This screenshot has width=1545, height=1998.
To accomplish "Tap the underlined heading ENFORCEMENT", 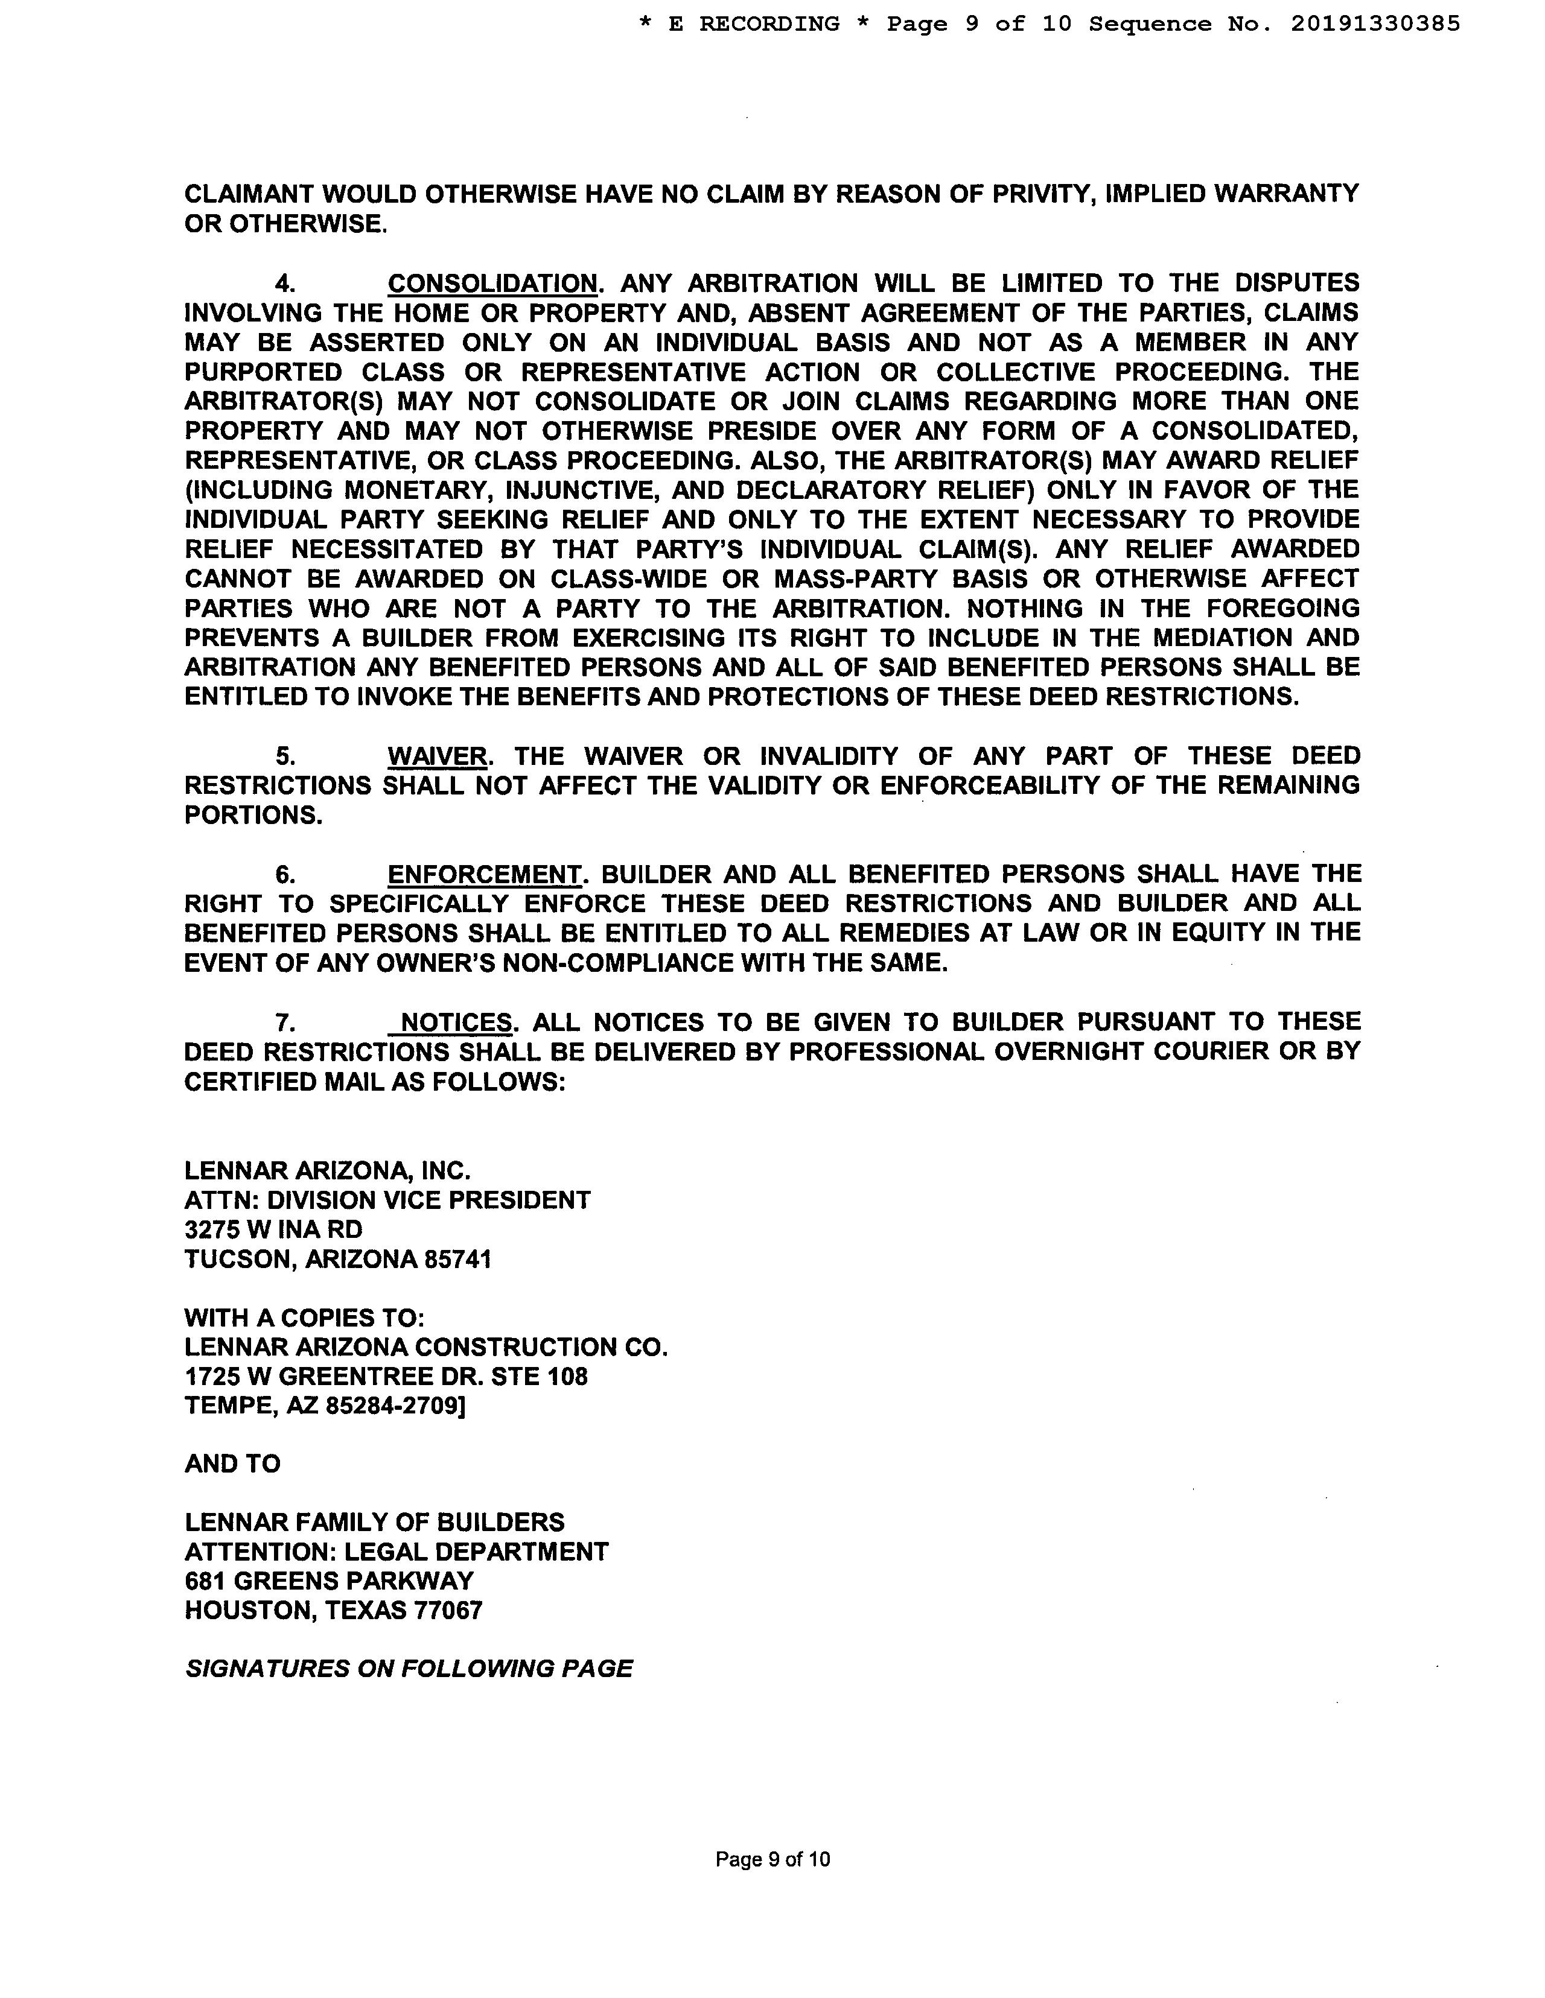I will point(484,875).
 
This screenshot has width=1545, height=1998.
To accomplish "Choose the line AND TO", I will point(232,1464).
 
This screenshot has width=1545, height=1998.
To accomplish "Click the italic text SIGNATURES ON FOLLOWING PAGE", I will point(408,1669).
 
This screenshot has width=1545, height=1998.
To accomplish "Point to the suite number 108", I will point(567,1377).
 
